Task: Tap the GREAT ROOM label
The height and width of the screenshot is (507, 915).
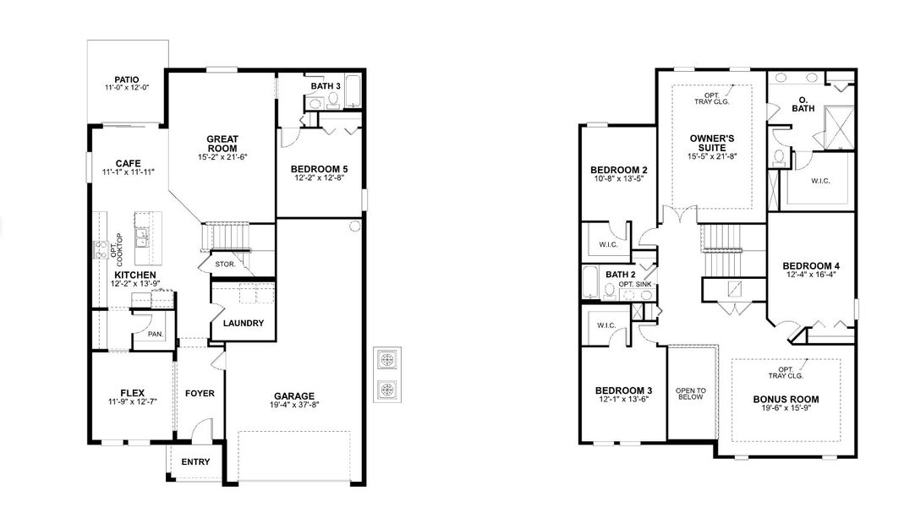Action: tap(223, 144)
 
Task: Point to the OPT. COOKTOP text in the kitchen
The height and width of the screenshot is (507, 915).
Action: tap(116, 246)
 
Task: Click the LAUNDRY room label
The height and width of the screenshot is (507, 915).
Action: tap(244, 323)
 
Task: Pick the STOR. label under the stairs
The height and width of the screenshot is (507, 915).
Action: tap(225, 264)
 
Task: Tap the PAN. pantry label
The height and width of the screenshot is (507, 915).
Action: tap(155, 335)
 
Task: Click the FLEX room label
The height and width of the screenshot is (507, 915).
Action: tap(133, 392)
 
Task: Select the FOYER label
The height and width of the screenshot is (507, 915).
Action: tap(200, 393)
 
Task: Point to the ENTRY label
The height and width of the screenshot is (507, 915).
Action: tap(195, 462)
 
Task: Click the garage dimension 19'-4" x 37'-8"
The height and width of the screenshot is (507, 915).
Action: tap(294, 406)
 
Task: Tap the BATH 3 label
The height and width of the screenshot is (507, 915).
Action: tap(326, 86)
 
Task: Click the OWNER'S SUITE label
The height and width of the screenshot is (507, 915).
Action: tap(712, 142)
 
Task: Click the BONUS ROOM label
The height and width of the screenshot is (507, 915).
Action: tap(786, 399)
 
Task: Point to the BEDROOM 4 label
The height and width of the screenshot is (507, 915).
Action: tap(810, 265)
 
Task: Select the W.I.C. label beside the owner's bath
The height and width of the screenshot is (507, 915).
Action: tap(819, 180)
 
